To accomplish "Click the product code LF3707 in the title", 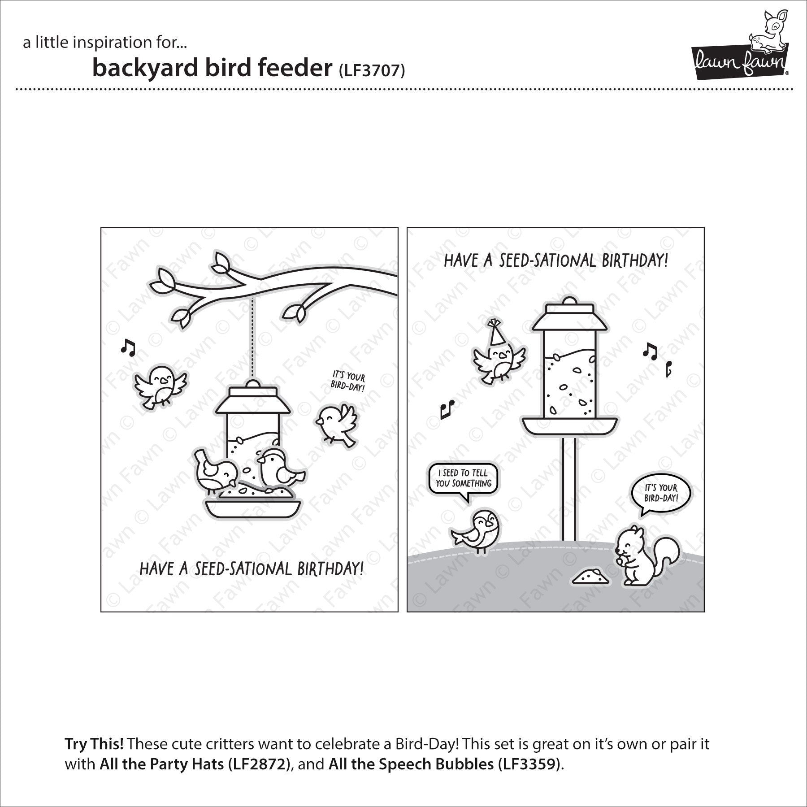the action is click(372, 71).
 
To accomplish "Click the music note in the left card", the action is click(128, 347).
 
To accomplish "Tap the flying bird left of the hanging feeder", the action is click(160, 386).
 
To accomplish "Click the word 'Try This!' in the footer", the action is click(94, 744).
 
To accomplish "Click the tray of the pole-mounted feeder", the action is click(569, 426).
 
